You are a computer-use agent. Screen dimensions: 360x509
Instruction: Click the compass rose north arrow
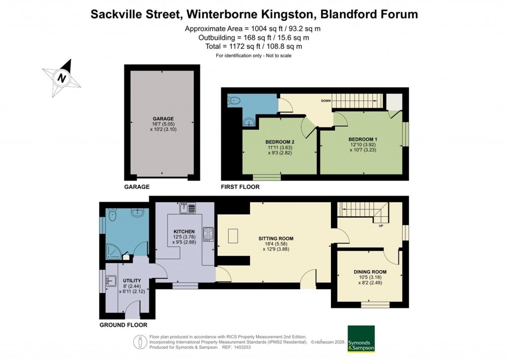coord(62,77)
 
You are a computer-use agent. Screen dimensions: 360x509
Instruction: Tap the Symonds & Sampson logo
coord(360,339)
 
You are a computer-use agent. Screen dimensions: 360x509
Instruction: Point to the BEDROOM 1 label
coord(363,139)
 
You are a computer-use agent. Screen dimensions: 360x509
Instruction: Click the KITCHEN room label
coord(183,232)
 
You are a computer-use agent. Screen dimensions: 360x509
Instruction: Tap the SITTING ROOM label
coord(273,239)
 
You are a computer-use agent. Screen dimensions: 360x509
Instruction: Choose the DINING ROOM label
coord(370,272)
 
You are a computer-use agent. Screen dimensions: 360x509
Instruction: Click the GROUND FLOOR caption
coord(123,325)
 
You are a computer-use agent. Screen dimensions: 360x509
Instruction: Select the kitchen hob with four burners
coord(208,234)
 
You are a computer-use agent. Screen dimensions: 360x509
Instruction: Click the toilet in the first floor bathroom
coord(234,101)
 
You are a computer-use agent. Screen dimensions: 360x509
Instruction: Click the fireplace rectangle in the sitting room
coord(234,235)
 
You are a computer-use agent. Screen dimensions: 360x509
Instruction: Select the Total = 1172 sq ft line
coord(254,46)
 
